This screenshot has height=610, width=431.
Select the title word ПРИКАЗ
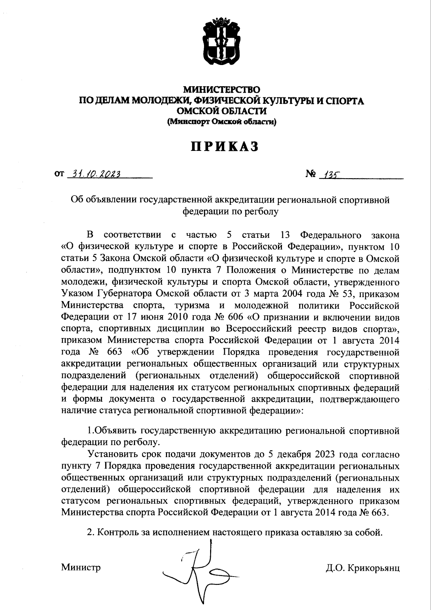click(222, 147)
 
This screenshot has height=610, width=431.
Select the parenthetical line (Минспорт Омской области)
click(221, 122)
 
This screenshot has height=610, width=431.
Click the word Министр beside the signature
click(81, 567)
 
